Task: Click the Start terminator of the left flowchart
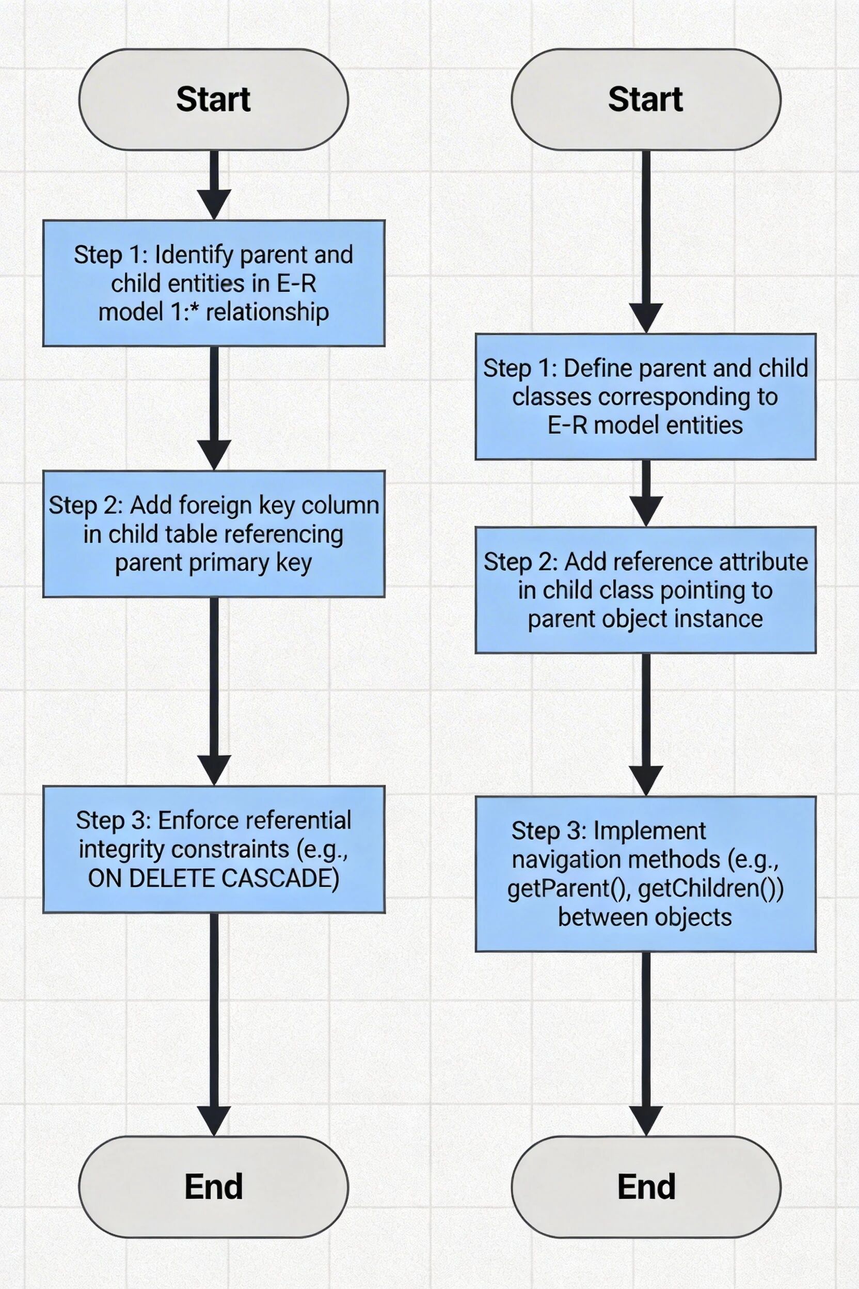[x=213, y=99]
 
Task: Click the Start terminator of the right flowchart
[x=645, y=99]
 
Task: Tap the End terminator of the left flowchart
[x=213, y=1187]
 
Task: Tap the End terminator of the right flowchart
[x=645, y=1187]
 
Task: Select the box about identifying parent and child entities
[x=214, y=283]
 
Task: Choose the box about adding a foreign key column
[x=214, y=533]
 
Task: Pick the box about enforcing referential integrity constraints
[x=214, y=849]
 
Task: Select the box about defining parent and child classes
[x=645, y=396]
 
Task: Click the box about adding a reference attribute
[x=645, y=590]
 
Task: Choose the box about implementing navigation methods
[x=645, y=874]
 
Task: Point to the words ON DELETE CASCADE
[x=213, y=878]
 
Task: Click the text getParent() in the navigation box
[x=570, y=888]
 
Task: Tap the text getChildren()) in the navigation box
[x=710, y=888]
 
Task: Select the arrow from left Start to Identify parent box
[x=214, y=185]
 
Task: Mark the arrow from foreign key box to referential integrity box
[x=214, y=690]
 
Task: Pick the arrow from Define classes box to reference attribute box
[x=646, y=493]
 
